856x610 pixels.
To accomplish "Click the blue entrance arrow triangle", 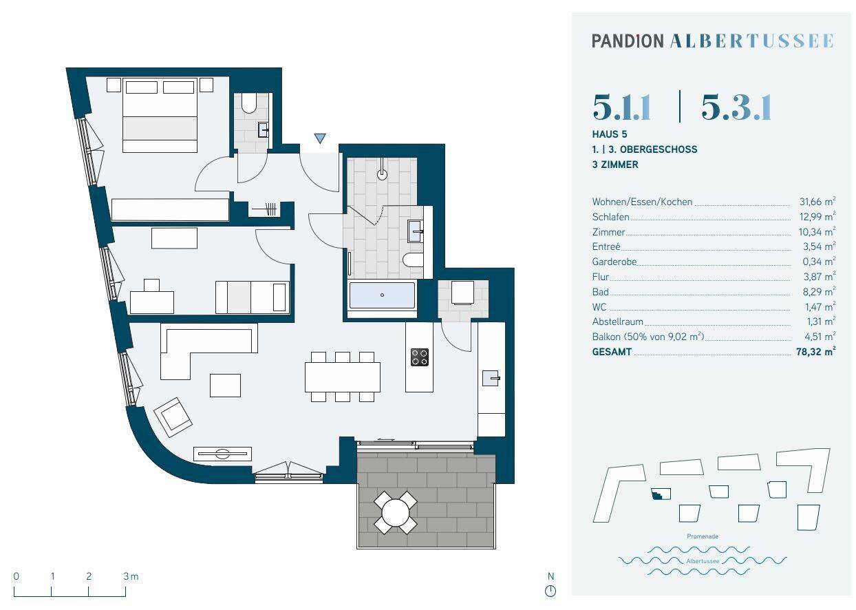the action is pos(320,138).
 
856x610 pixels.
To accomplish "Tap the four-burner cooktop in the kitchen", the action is pos(419,357).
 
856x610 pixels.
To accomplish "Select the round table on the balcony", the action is pos(396,513).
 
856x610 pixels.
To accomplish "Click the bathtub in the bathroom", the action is pos(382,295).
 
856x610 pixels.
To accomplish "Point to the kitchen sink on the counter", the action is pos(491,378).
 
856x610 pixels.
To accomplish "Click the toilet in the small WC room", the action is pos(249,103).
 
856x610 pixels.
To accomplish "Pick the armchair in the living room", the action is pos(173,417).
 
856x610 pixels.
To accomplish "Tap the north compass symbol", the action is pos(550,591).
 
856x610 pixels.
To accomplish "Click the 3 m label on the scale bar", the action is pos(131,576).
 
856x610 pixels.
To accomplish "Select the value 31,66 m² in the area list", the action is pos(817,202).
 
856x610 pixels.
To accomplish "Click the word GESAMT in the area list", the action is pos(612,352).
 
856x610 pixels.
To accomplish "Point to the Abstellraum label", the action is pos(617,322).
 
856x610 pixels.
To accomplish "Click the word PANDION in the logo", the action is pos(628,41).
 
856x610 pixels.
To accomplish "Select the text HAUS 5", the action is pos(610,134).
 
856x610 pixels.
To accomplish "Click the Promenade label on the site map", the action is pos(703,536).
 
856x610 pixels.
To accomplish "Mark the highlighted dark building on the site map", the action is pos(661,494).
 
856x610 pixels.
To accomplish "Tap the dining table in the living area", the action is pos(343,377).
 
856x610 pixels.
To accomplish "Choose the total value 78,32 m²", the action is pos(816,352).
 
